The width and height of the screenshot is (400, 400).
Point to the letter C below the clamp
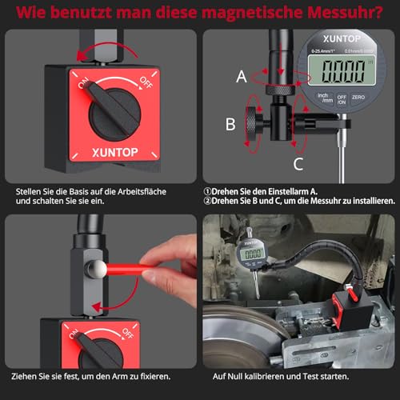(298, 164)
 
